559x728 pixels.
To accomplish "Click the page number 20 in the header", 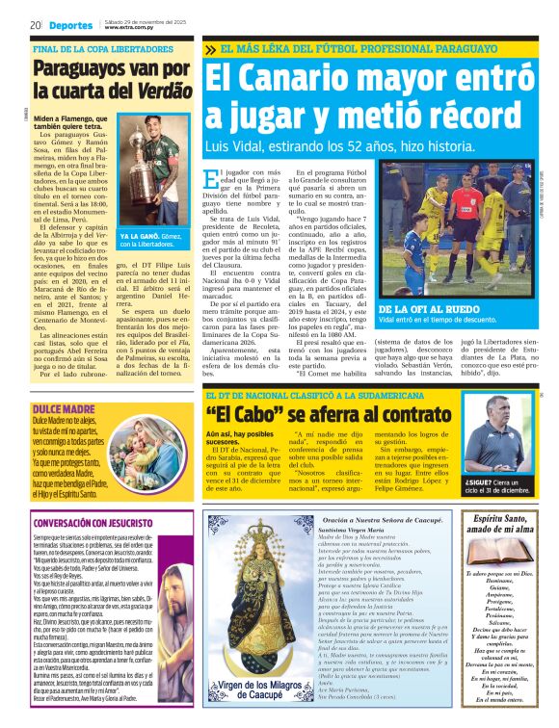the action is click(x=34, y=24).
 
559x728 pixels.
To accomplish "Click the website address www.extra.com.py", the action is click(x=130, y=28).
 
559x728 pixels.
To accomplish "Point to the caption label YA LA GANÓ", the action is click(x=138, y=235).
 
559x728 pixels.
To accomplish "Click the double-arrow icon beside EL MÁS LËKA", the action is click(x=210, y=48).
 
